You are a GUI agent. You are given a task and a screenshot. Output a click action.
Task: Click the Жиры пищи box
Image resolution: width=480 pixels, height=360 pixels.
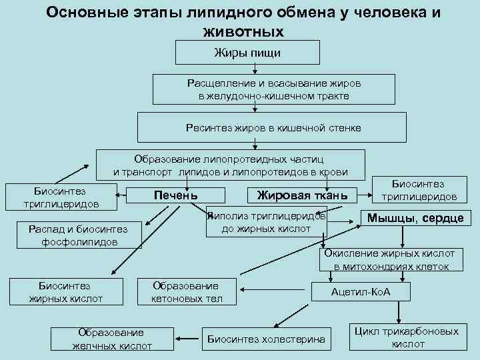pyautogui.click(x=247, y=52)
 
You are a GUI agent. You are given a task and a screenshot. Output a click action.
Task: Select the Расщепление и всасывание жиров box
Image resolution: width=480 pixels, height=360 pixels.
pyautogui.click(x=274, y=90)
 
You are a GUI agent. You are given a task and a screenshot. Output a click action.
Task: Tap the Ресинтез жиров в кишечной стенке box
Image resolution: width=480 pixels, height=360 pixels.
pyautogui.click(x=273, y=127)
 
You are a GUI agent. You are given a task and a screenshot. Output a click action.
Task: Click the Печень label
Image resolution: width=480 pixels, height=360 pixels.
pyautogui.click(x=176, y=195)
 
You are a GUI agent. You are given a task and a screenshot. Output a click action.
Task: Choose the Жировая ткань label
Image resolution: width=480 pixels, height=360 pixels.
pyautogui.click(x=297, y=195)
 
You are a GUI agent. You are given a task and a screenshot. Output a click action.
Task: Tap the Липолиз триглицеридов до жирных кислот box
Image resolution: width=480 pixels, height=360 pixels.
pyautogui.click(x=267, y=223)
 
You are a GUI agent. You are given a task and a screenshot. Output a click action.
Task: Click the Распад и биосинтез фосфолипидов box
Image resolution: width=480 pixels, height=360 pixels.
pyautogui.click(x=78, y=235)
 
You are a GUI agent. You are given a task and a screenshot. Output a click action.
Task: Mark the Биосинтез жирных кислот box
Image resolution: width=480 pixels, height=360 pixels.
pyautogui.click(x=65, y=291)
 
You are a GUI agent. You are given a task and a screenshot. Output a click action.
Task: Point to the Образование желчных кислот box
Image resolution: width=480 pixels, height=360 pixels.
pyautogui.click(x=112, y=339)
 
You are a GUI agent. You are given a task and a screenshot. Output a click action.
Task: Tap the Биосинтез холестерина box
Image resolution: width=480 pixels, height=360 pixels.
pyautogui.click(x=267, y=339)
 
